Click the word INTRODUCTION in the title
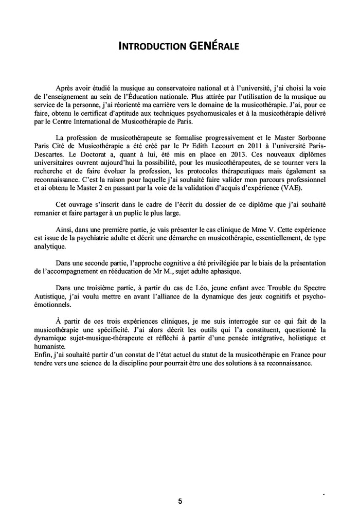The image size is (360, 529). tap(153, 47)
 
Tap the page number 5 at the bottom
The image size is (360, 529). tap(180, 500)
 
